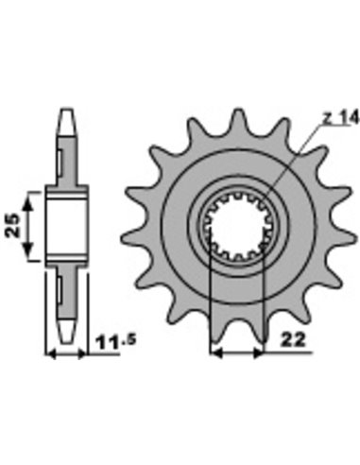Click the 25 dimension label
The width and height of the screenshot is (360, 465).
[13, 225]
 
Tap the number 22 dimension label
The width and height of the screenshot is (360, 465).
[293, 340]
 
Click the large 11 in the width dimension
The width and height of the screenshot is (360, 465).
[108, 343]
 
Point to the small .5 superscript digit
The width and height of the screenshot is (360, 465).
[129, 339]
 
